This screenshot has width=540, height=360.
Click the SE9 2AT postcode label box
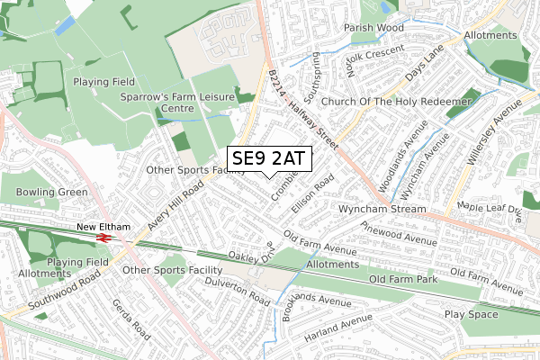(269, 158)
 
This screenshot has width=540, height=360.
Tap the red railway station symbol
(104, 238)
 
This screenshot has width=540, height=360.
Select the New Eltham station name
(103, 227)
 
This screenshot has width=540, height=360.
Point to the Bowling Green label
(52, 192)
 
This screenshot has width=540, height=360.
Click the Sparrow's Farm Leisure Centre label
(178, 103)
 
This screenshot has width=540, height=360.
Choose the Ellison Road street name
(312, 192)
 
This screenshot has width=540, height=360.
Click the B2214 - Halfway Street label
(302, 112)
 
